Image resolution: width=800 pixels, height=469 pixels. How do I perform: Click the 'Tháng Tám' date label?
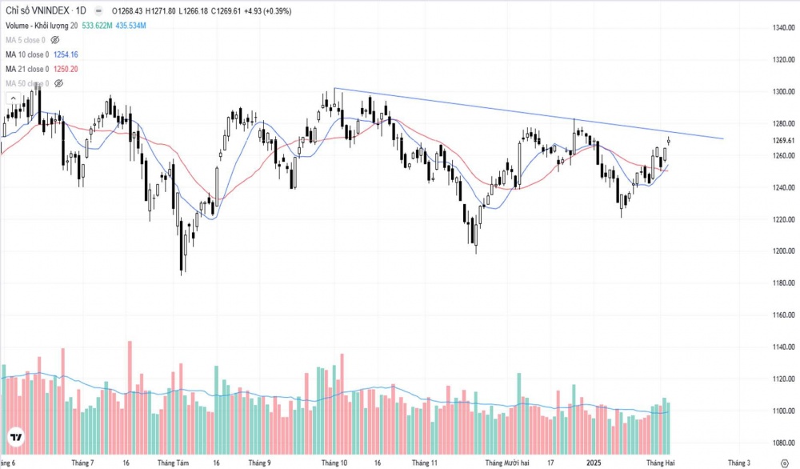tap(173, 463)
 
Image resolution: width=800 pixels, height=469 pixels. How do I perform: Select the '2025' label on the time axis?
tap(593, 463)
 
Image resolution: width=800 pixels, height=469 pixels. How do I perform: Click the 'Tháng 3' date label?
tap(739, 463)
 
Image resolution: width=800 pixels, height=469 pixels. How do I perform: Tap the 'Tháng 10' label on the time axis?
tap(334, 463)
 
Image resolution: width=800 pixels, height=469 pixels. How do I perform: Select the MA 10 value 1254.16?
tap(65, 54)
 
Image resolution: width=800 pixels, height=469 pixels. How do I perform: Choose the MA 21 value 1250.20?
tap(65, 69)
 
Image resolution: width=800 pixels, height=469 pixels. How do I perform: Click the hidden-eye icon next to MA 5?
tap(55, 40)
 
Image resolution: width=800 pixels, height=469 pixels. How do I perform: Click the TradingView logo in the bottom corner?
tap(15, 438)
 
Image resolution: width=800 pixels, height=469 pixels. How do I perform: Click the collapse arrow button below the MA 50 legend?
tap(13, 98)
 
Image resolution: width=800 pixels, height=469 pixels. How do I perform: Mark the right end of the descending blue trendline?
tap(723, 138)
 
